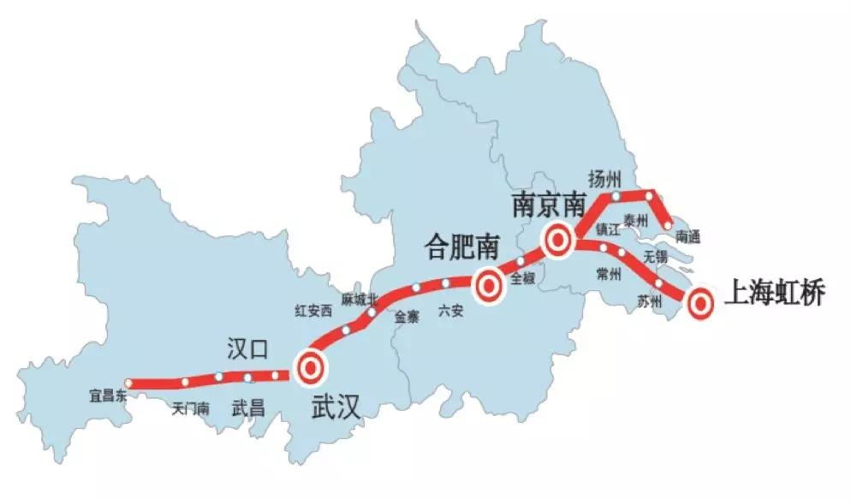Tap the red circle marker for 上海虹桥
(700, 302)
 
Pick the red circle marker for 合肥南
(489, 284)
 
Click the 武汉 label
(335, 407)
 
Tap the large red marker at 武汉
(310, 368)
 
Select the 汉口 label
(247, 348)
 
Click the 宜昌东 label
(108, 395)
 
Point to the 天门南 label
(190, 408)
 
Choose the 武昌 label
(247, 408)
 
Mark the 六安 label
(450, 312)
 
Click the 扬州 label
(604, 178)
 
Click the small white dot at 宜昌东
(129, 383)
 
